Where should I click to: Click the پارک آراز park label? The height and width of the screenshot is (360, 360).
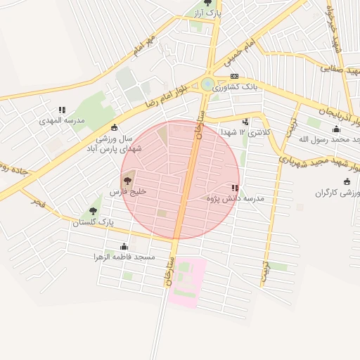click(x=208, y=13)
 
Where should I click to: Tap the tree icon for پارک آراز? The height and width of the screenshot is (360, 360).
click(x=207, y=3)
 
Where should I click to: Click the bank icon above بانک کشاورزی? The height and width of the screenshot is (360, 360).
click(x=234, y=77)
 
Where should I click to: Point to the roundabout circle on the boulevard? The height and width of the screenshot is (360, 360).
click(x=207, y=84)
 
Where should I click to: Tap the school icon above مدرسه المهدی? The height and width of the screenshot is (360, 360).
click(x=63, y=110)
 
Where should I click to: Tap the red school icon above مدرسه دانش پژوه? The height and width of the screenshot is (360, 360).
click(x=234, y=188)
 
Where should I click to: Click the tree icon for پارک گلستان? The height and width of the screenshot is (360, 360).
click(x=94, y=211)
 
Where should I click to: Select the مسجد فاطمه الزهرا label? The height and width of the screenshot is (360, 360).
click(x=124, y=257)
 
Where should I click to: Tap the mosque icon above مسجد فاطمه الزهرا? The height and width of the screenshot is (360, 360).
click(x=124, y=246)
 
